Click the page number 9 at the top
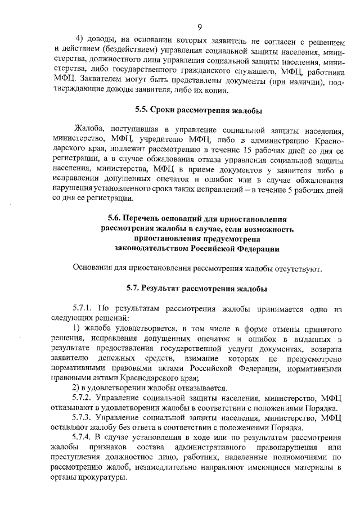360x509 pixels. [200, 28]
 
